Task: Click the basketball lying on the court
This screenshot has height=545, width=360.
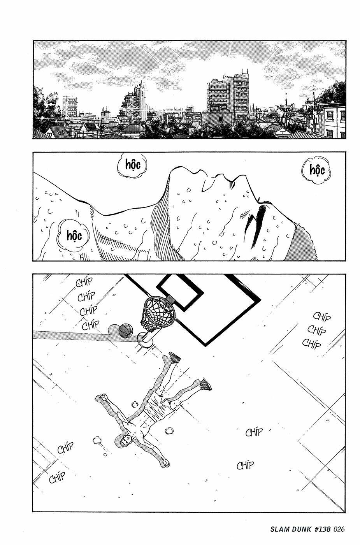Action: click(x=125, y=331)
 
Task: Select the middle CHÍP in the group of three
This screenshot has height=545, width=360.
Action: click(x=316, y=330)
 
